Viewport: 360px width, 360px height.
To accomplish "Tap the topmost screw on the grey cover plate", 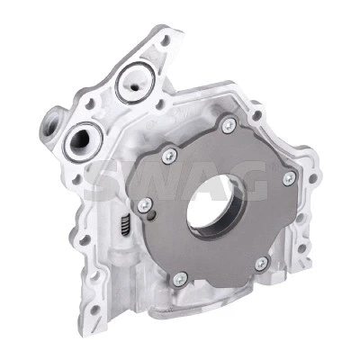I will [228, 125].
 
